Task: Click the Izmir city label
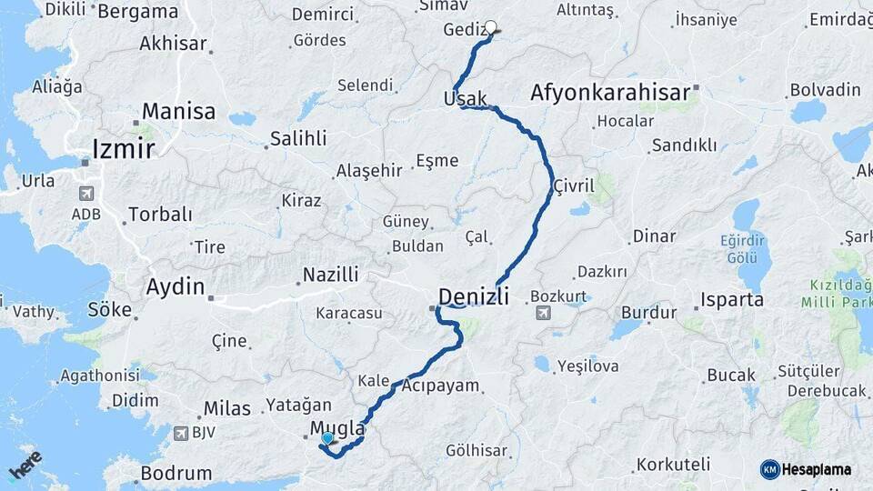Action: (123, 148)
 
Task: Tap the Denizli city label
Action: (473, 296)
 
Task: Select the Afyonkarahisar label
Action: (609, 93)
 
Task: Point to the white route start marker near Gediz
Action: (491, 27)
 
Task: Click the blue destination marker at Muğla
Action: (327, 438)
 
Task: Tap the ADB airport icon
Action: (86, 193)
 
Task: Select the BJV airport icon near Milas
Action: (180, 433)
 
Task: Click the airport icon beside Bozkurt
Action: (544, 314)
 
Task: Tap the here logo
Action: (25, 465)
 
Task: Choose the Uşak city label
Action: (466, 98)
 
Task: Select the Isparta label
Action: (732, 299)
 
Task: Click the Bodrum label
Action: (176, 473)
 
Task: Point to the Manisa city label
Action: (178, 112)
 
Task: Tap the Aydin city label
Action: (176, 286)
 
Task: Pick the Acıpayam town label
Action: (440, 386)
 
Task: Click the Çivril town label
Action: (573, 185)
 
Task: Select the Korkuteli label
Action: (673, 464)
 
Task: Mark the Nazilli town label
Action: (330, 274)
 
